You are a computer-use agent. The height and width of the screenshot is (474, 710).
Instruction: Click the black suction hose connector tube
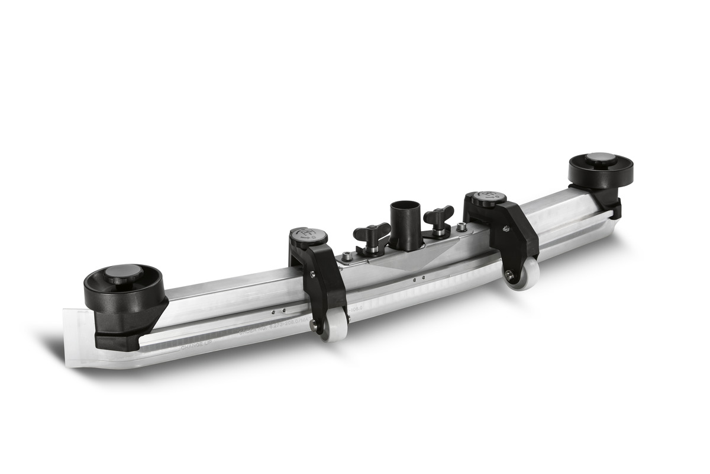tap(405, 225)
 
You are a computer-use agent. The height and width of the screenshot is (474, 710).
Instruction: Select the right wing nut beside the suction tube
tap(438, 217)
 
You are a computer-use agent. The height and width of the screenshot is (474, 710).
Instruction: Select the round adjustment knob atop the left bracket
tap(308, 236)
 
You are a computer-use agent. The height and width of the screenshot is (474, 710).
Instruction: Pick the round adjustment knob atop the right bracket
tap(489, 198)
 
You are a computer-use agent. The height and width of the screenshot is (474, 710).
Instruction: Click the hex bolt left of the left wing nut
tap(347, 257)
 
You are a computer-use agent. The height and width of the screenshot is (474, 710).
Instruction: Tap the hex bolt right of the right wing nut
tap(460, 226)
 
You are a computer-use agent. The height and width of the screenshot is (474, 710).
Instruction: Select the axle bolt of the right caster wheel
tap(508, 274)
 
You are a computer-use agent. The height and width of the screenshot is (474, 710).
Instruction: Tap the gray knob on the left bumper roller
tap(125, 274)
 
